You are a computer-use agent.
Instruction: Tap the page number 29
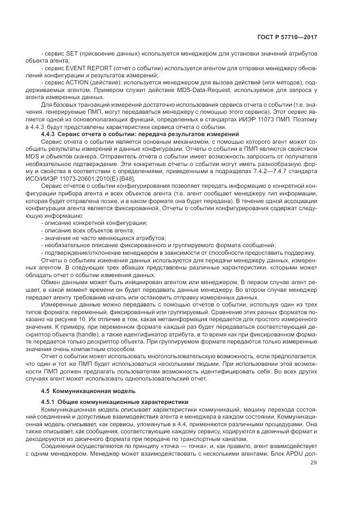[313, 463]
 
